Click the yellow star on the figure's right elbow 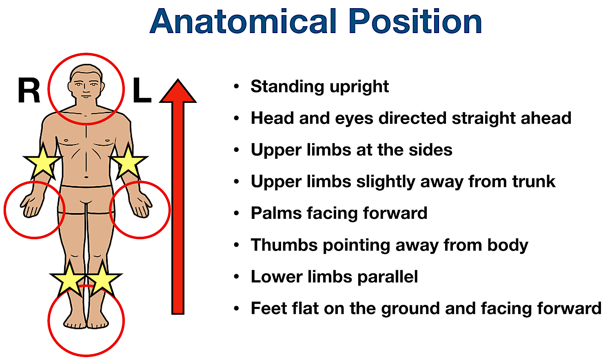(42, 162)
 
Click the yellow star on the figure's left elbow (129, 162)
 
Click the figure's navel (86, 177)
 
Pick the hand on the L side (141, 206)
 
